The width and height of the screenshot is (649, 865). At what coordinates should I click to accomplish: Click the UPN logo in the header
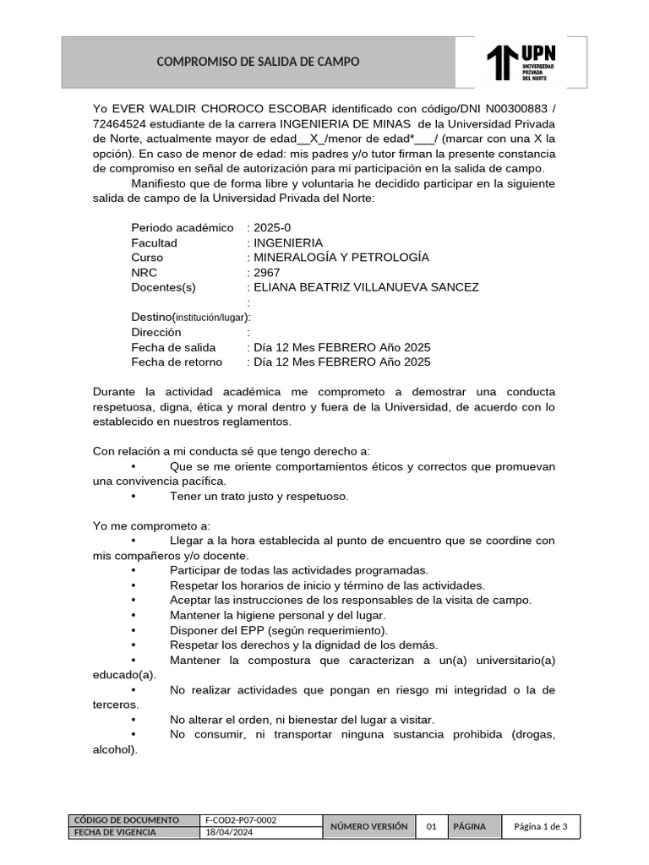point(521,62)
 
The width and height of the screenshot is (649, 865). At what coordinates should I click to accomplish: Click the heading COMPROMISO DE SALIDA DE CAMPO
point(259,62)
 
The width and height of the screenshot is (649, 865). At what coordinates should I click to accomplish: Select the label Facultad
point(154,242)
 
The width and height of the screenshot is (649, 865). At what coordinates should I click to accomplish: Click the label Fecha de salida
point(173,347)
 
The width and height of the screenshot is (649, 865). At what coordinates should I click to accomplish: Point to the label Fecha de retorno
point(177,362)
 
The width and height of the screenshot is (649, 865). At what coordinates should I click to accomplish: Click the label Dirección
point(156,332)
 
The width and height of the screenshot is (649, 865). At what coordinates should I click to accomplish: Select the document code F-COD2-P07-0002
point(241,820)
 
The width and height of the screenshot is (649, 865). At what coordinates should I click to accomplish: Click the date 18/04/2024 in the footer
point(229,832)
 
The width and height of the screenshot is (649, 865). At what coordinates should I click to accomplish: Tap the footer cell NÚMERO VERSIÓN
point(368,826)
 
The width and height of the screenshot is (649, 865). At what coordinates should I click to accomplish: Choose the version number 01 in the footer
point(431,826)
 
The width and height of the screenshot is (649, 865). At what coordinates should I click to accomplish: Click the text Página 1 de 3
point(541,826)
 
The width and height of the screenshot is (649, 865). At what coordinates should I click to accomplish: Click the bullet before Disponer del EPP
point(134,630)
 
